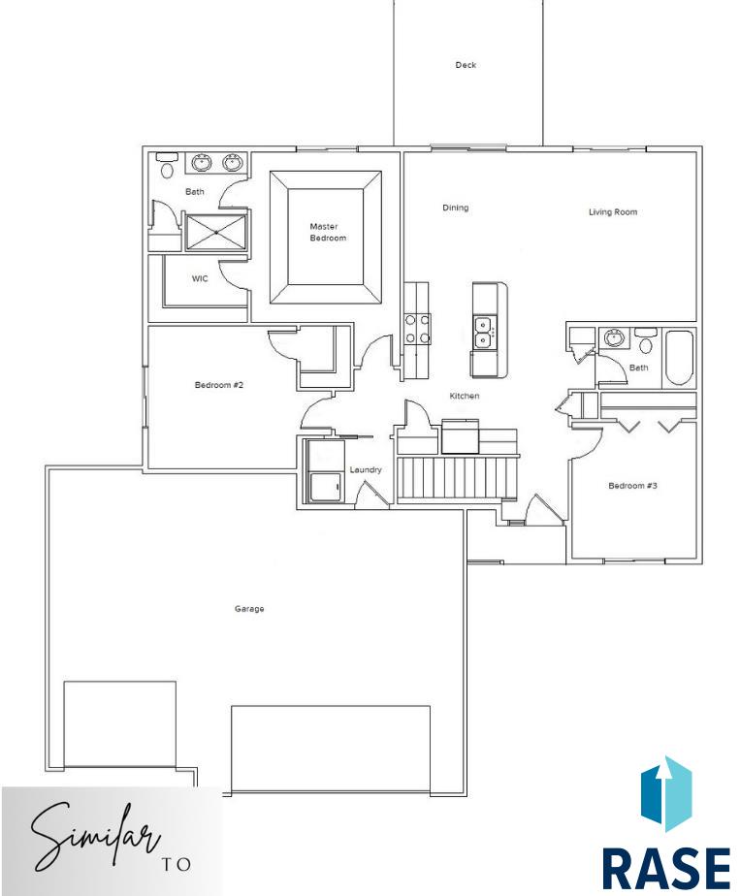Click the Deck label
click(466, 65)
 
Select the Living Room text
click(613, 212)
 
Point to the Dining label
click(456, 208)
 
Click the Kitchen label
click(464, 396)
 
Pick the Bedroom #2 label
click(219, 385)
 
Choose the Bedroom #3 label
click(632, 486)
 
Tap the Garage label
click(249, 609)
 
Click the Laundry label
click(366, 469)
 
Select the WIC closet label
click(200, 279)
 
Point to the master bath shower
click(216, 232)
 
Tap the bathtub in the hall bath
click(680, 358)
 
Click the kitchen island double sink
click(484, 333)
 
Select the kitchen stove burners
click(417, 329)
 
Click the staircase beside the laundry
click(457, 477)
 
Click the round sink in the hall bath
click(614, 337)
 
